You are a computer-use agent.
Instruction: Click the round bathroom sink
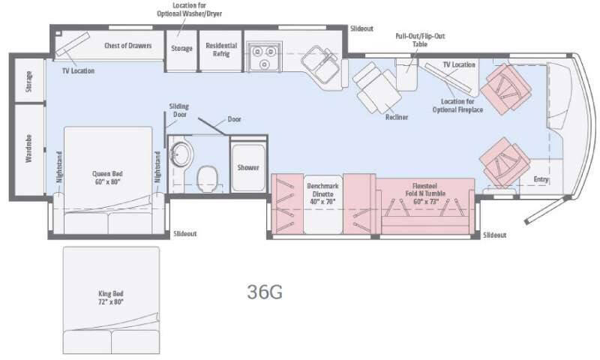point(180,155)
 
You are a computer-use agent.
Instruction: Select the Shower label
point(248,168)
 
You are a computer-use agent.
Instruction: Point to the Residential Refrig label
point(221,49)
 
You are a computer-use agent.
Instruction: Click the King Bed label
point(110,297)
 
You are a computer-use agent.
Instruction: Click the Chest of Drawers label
point(128,46)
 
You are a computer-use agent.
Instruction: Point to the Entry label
point(541,180)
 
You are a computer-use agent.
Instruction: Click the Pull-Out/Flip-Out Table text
point(412,39)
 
